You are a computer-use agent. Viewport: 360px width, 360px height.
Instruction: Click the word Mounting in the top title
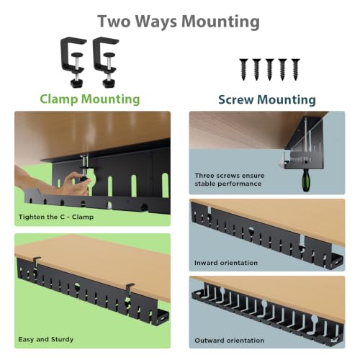pos(220,22)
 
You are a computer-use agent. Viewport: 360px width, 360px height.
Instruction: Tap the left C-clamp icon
pos(73,62)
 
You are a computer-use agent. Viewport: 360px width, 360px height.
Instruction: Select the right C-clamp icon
pos(106,62)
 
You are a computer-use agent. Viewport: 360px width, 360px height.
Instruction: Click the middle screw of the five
pos(269,69)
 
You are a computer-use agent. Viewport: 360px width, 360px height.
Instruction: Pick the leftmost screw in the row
pos(243,69)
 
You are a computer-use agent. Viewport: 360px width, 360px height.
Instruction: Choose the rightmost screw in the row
pos(295,69)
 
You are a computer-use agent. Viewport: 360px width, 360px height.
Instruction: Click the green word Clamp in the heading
pos(59,99)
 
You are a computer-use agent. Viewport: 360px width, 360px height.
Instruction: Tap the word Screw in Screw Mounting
pos(236,99)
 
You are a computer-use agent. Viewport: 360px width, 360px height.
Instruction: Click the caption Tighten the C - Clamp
pos(56,217)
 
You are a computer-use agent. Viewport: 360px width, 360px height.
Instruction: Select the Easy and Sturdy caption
pos(46,339)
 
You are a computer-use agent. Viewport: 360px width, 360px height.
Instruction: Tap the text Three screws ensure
pos(230,176)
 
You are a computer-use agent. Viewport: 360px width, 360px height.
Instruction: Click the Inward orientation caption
pos(226,263)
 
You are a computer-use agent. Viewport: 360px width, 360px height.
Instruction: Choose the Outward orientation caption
pos(230,341)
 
